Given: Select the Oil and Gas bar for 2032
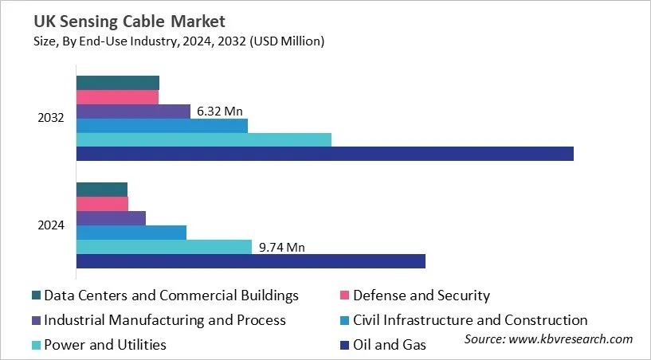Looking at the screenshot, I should click(x=324, y=154).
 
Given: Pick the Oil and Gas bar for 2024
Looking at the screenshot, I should click(x=250, y=261).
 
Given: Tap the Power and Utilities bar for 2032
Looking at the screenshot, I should click(x=203, y=139).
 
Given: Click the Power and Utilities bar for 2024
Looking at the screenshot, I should click(x=163, y=247).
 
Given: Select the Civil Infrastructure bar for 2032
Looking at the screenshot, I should click(x=162, y=126).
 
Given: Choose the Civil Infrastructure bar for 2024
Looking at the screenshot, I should click(x=131, y=233).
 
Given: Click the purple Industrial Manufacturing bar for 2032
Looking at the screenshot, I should click(x=133, y=112).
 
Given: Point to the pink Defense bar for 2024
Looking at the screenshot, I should click(x=102, y=203).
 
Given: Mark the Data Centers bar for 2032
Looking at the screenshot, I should click(x=117, y=83).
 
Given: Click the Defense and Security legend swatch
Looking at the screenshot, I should click(x=344, y=296).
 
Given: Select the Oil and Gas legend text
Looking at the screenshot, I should click(x=390, y=345).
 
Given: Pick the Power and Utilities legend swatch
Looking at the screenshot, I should click(x=36, y=346).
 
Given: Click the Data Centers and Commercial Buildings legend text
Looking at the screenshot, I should click(x=171, y=295).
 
